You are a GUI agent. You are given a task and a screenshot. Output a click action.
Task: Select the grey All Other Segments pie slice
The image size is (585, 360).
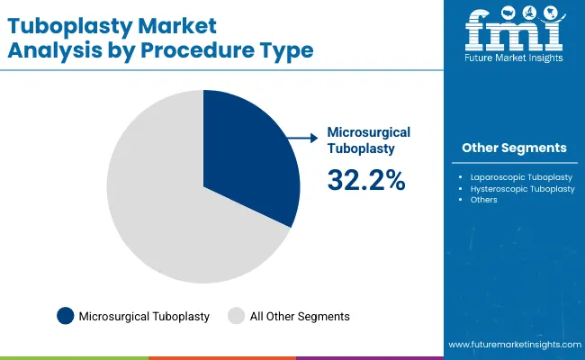tap(171, 216)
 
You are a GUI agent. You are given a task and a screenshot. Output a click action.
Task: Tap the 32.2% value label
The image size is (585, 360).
tap(365, 180)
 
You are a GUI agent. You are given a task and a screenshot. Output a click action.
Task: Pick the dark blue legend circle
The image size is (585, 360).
tap(65, 316)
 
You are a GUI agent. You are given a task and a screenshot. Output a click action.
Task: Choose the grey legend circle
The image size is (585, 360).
tap(237, 316)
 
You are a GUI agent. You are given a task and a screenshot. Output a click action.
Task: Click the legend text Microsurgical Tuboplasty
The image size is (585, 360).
tap(144, 316)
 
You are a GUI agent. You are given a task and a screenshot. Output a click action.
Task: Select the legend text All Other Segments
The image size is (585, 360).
tap(300, 316)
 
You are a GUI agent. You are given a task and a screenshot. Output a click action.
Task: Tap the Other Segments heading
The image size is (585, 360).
tap(514, 148)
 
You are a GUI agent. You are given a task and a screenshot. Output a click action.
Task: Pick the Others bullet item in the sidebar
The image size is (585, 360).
tap(483, 200)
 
